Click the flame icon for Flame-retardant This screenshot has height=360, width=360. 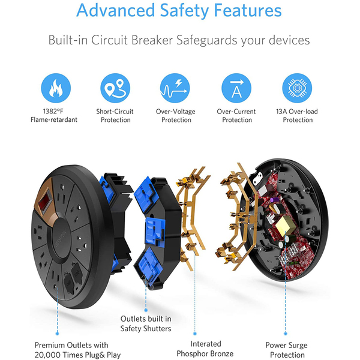point(56,88)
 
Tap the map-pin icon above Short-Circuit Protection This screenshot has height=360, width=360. point(115,88)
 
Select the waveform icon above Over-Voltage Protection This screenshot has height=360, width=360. point(175,88)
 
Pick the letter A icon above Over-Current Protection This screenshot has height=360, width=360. point(236,88)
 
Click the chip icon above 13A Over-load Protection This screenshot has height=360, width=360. point(297,88)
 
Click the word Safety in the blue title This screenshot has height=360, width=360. point(184,11)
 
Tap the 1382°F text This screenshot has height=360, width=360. point(53,112)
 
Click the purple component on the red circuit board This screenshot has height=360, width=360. point(272,200)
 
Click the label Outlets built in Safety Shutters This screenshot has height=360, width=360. point(146,323)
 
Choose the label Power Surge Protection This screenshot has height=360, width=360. point(287,350)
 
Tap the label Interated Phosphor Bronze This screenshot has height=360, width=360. point(205,349)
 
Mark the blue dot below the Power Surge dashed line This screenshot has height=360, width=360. point(286,334)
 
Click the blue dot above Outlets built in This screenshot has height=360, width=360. point(146,310)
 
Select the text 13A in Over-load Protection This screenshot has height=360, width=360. point(281,112)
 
